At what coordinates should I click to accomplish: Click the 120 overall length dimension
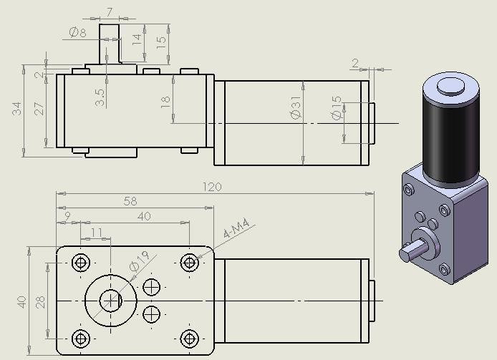click(x=212, y=187)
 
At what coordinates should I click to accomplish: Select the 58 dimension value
click(x=130, y=201)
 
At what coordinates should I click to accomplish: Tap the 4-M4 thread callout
click(x=236, y=228)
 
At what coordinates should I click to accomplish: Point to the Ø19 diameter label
click(x=139, y=261)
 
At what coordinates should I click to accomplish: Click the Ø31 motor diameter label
click(x=296, y=108)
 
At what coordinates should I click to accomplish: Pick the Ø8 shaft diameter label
click(x=77, y=32)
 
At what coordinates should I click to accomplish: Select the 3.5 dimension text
click(x=100, y=97)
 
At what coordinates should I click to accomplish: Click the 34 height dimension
click(x=16, y=108)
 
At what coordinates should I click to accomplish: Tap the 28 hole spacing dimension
click(x=41, y=302)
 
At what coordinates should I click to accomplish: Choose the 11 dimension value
click(x=97, y=233)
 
